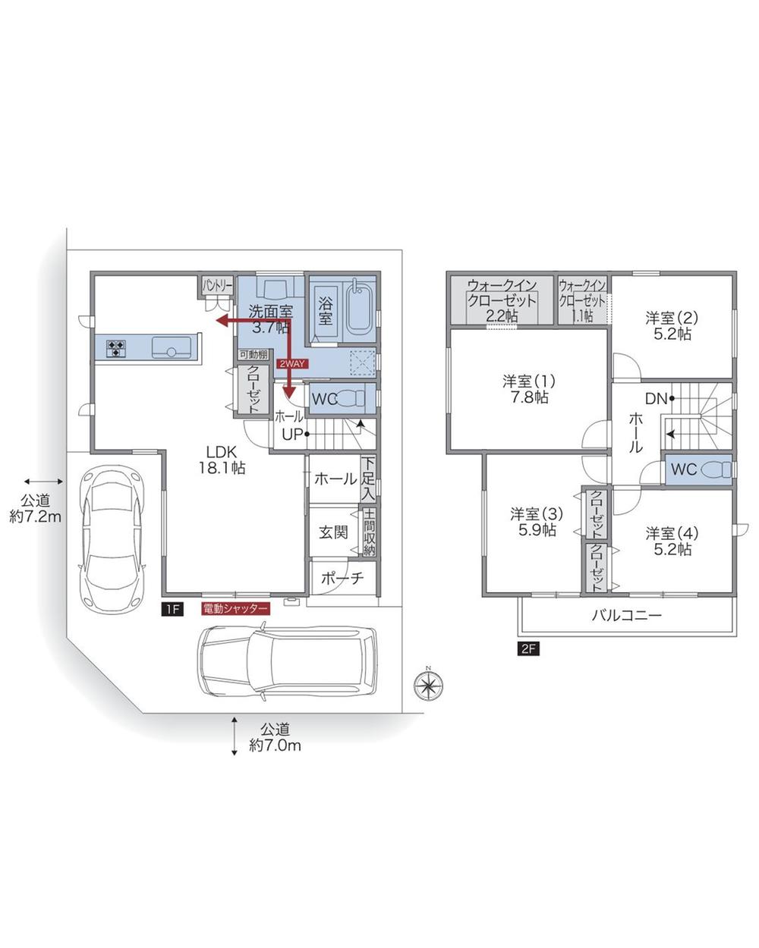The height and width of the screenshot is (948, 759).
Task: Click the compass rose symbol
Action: pos(428,684)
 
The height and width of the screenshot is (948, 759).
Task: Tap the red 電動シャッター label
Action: pos(235,609)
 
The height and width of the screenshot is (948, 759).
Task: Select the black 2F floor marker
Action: pos(528,649)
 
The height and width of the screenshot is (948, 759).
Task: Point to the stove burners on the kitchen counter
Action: pos(117,349)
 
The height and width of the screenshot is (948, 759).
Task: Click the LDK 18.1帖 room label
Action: pos(222,460)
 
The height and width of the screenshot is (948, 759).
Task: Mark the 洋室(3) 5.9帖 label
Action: pos(536,521)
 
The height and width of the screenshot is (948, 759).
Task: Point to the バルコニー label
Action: pos(626,615)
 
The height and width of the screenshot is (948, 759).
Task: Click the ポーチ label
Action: pos(342,578)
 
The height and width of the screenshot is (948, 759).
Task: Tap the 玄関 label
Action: pos(332,531)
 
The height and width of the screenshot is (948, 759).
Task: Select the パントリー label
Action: pos(217,285)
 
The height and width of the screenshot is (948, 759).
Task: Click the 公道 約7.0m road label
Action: pos(276,736)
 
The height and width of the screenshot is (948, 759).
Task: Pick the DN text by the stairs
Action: pos(656,398)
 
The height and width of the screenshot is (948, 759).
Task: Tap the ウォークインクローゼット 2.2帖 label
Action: pos(502,300)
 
